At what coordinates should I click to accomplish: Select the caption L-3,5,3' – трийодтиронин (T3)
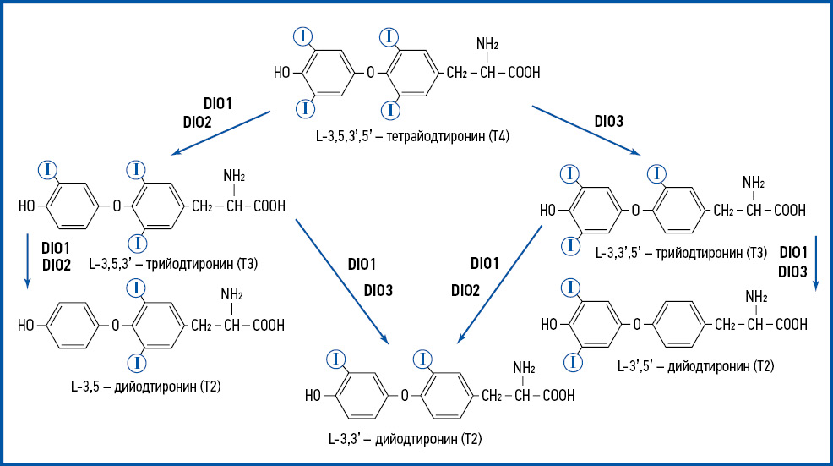click(x=172, y=264)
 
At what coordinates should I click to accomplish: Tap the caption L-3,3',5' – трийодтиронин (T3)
click(x=681, y=252)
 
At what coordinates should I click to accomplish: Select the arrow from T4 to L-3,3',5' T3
click(x=588, y=131)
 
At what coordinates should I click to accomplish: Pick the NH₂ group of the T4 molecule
click(x=487, y=43)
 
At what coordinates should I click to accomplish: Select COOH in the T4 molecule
click(x=524, y=73)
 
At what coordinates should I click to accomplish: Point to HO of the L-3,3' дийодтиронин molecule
click(x=313, y=394)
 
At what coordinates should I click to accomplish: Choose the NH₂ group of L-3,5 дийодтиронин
click(x=232, y=294)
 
